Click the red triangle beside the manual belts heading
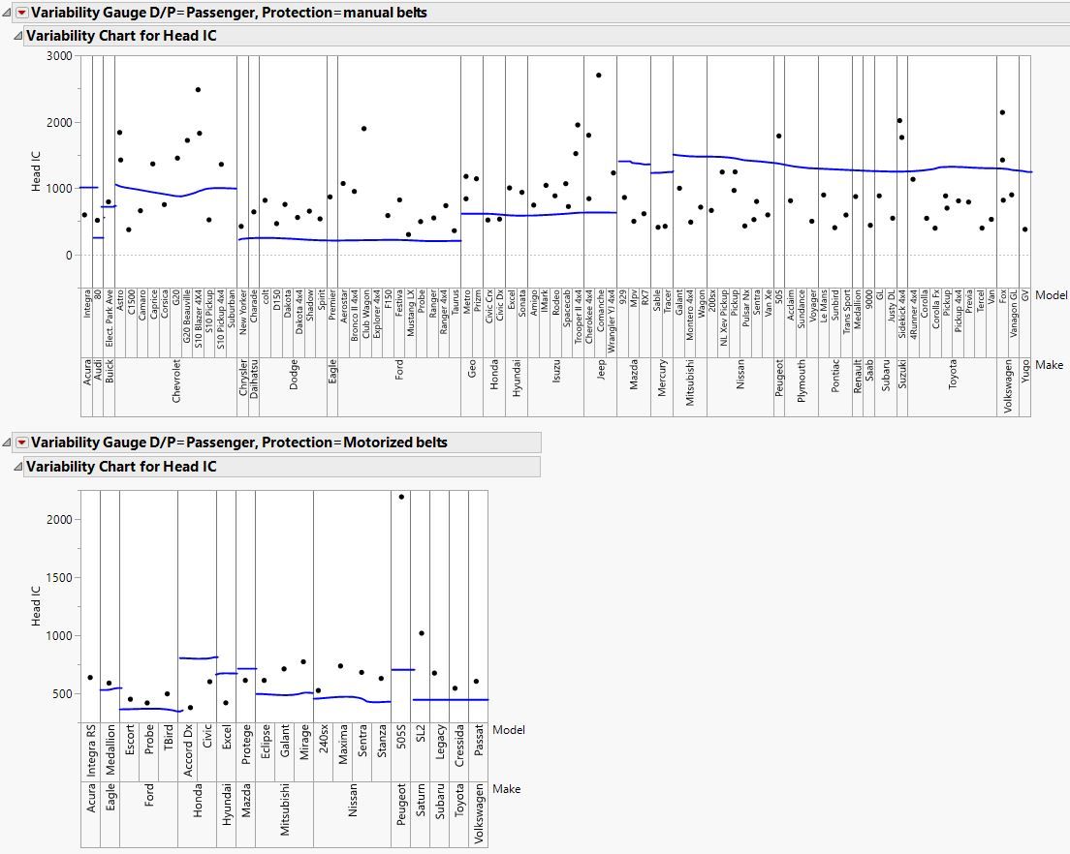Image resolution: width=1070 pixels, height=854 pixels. tap(21, 13)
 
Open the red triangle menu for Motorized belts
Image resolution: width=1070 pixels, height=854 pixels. tap(21, 442)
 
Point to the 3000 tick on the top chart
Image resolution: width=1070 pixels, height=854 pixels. tap(58, 56)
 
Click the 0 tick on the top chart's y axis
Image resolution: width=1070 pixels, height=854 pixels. tap(68, 256)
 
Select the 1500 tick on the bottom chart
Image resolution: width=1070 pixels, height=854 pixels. tap(59, 578)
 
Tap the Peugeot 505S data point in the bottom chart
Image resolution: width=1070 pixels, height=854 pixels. tap(401, 497)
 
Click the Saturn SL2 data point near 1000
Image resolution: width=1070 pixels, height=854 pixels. tap(421, 633)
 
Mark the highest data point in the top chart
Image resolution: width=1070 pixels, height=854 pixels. tap(599, 76)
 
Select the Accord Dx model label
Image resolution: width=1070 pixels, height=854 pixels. tap(189, 750)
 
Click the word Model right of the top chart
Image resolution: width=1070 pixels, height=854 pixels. tap(1052, 295)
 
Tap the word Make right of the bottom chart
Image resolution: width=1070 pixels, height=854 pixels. tap(506, 789)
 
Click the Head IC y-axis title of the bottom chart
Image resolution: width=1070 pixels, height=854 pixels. tap(37, 605)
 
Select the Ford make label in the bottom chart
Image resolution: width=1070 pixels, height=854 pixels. tap(149, 809)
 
